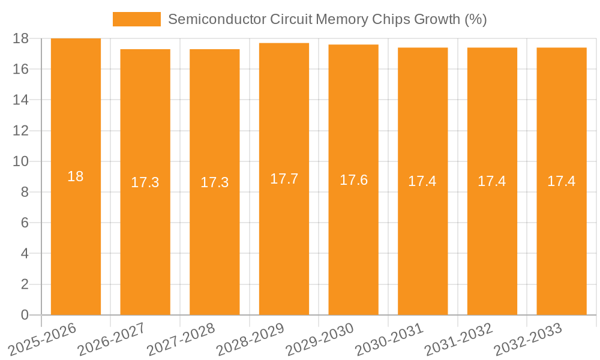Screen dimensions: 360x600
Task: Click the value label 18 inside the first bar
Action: pos(76,176)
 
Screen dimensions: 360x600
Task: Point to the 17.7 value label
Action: pos(284,179)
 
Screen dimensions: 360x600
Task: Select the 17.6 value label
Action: pos(353,180)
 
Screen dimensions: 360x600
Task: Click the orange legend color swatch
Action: pos(137,19)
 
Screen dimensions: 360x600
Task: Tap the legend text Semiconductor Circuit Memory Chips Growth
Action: pos(327,19)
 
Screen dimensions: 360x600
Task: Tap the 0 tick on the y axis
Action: pos(25,315)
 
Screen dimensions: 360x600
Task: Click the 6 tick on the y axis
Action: pos(25,223)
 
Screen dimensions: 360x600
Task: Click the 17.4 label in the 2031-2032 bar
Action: pos(492,181)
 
